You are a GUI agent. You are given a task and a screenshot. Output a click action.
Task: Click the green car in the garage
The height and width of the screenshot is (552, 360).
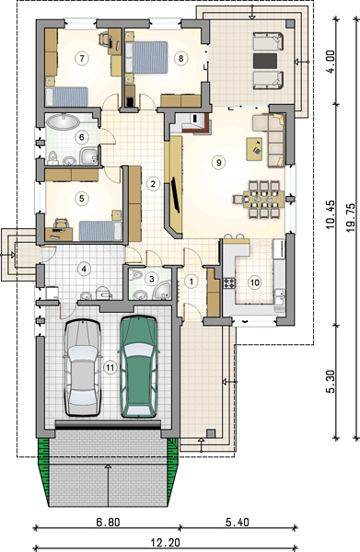(138, 367)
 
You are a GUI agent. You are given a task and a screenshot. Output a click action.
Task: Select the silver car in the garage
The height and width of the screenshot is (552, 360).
(82, 368)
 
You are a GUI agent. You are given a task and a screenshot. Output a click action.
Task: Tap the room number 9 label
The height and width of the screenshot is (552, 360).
(219, 162)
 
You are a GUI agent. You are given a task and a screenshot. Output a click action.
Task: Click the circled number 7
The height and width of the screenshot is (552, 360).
(82, 58)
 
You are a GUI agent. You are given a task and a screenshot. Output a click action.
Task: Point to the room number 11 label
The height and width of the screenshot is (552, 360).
(110, 367)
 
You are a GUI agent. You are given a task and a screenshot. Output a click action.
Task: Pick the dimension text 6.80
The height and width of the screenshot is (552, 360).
(108, 522)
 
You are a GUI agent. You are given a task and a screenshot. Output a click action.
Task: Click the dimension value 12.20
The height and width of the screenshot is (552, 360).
(166, 543)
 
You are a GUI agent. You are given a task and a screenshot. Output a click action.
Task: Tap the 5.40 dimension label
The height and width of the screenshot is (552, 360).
(238, 522)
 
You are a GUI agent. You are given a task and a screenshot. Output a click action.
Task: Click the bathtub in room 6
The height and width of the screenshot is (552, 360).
(63, 121)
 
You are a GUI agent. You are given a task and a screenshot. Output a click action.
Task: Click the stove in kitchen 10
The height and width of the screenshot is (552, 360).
(229, 283)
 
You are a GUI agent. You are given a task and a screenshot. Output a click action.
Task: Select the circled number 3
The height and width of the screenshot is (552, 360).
(152, 279)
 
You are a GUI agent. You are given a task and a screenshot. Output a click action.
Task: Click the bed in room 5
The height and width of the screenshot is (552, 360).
(100, 231)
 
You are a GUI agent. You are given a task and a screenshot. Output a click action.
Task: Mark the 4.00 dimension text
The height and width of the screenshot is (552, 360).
(331, 62)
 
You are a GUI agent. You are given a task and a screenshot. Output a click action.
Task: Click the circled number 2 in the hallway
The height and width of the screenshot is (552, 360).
(153, 183)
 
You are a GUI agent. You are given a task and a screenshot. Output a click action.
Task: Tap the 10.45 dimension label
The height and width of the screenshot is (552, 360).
(331, 214)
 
